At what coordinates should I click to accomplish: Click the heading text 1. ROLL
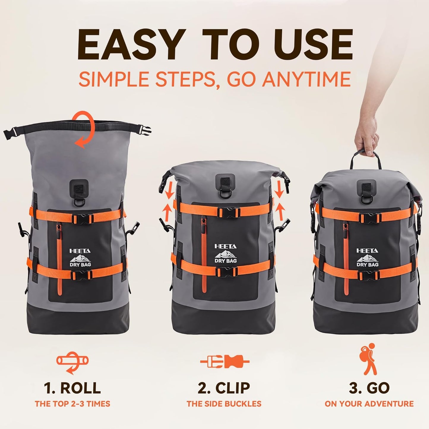pos(72,388)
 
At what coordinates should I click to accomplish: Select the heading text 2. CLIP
pos(224,388)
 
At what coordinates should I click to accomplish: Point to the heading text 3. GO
pos(369,388)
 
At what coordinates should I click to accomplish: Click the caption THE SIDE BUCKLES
pos(224,404)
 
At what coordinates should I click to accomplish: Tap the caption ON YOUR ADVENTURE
pos(369,404)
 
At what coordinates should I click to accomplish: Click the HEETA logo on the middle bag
pos(226,246)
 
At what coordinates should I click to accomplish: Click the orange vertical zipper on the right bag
pos(346,261)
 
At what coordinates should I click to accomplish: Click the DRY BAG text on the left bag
pos(80,265)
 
